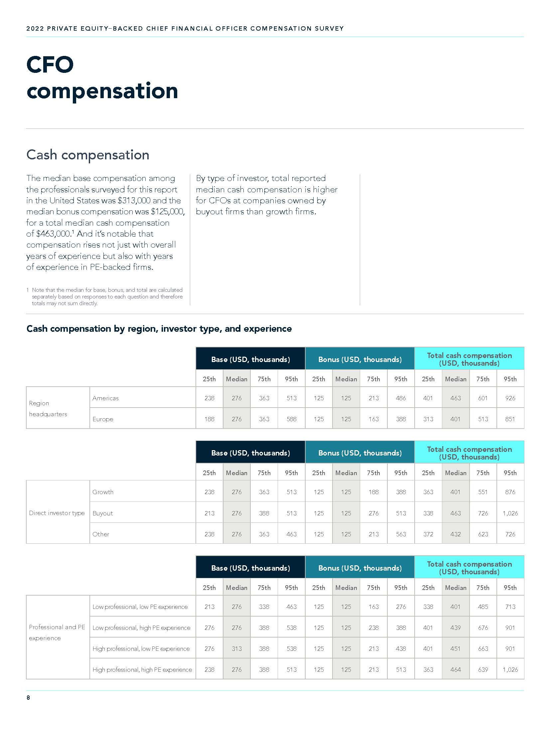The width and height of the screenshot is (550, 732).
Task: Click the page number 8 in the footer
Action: (28, 697)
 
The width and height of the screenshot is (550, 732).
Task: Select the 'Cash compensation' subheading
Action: (88, 155)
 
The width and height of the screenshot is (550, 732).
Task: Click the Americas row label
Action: (105, 398)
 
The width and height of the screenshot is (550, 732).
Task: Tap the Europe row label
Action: (103, 419)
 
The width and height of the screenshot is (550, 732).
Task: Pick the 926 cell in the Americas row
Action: (510, 398)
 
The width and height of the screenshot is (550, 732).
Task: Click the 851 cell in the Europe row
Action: (510, 419)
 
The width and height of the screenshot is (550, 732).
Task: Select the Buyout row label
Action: (103, 513)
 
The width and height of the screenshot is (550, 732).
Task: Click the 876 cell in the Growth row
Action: (510, 492)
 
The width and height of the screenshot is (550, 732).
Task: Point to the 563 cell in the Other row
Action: (401, 534)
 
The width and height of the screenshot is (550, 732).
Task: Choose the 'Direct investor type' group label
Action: (57, 513)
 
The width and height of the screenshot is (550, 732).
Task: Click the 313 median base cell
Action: (237, 648)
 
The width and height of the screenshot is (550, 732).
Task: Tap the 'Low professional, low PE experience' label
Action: (140, 607)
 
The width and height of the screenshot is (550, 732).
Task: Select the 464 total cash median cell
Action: (456, 669)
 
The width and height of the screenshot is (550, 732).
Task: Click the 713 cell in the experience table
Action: (510, 607)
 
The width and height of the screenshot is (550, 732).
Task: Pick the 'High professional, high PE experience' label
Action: (142, 669)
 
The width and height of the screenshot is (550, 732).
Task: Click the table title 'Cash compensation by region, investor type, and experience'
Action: (159, 329)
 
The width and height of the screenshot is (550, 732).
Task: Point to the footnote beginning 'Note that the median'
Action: (107, 296)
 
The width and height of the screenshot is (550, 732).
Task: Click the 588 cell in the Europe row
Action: (291, 419)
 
